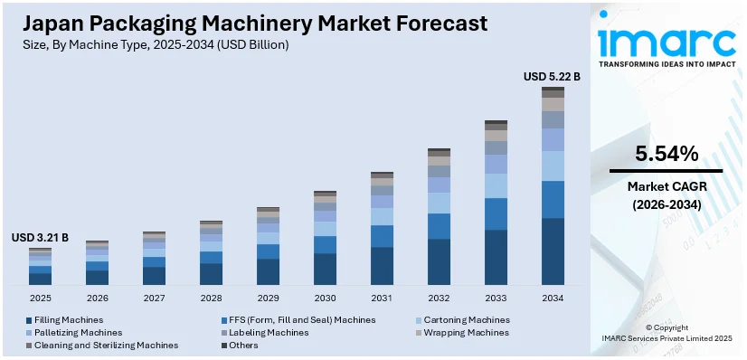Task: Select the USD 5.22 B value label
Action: tap(552, 77)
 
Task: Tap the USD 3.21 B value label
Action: tap(40, 238)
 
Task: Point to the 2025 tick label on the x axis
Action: tap(40, 298)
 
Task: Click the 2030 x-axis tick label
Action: tap(325, 298)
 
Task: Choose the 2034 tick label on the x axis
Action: tap(553, 298)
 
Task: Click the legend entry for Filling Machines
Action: tap(69, 319)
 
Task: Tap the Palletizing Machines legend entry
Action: tap(77, 332)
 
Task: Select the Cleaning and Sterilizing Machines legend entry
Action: tap(106, 345)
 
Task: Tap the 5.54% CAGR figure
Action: tap(666, 154)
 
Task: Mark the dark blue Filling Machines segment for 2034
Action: tap(553, 251)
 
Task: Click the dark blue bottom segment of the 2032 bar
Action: tap(439, 262)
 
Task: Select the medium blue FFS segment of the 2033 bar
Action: tap(496, 213)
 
